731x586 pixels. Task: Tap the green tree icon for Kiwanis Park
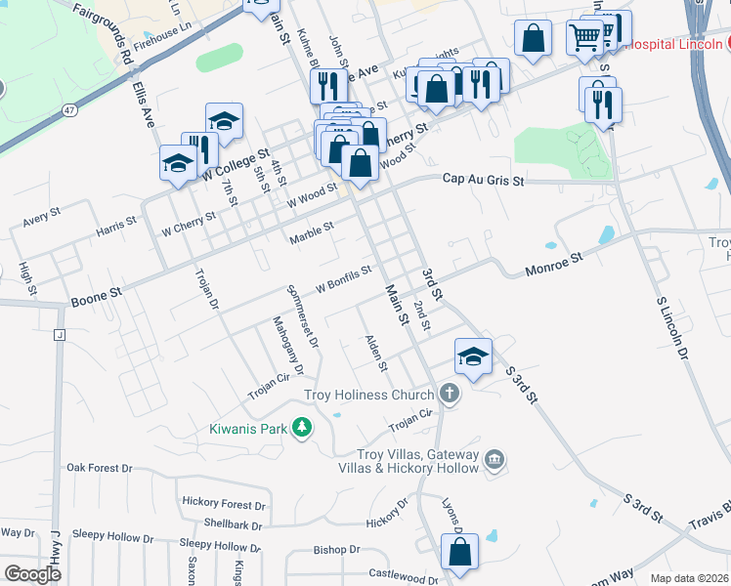[303, 428]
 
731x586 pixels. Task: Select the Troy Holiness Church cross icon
[449, 394]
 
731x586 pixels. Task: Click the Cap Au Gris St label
[483, 181]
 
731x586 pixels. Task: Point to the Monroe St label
[553, 259]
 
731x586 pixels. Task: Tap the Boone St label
[96, 292]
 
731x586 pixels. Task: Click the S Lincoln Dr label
[670, 323]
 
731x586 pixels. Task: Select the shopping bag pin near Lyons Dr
[459, 552]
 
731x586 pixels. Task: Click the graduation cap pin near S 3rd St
[473, 357]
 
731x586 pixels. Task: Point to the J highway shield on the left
[60, 336]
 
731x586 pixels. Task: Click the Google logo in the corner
[32, 574]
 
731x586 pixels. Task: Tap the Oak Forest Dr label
[99, 468]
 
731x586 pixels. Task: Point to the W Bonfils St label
[343, 279]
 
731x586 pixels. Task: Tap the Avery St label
[42, 216]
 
